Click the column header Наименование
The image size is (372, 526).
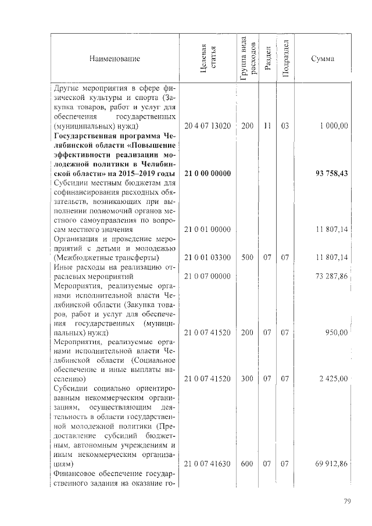pyautogui.click(x=115, y=59)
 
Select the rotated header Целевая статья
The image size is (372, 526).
pyautogui.click(x=208, y=59)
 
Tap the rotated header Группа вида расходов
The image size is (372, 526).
pyautogui.click(x=246, y=59)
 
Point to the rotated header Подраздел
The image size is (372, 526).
pyautogui.click(x=285, y=59)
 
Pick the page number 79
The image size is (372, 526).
pyautogui.click(x=347, y=501)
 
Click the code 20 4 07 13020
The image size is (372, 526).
pyautogui.click(x=208, y=126)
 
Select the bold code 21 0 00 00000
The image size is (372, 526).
pyautogui.click(x=208, y=174)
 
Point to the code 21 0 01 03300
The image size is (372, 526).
pyautogui.click(x=208, y=257)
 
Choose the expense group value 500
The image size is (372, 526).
pyautogui.click(x=247, y=257)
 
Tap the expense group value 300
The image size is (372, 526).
pyautogui.click(x=247, y=378)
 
